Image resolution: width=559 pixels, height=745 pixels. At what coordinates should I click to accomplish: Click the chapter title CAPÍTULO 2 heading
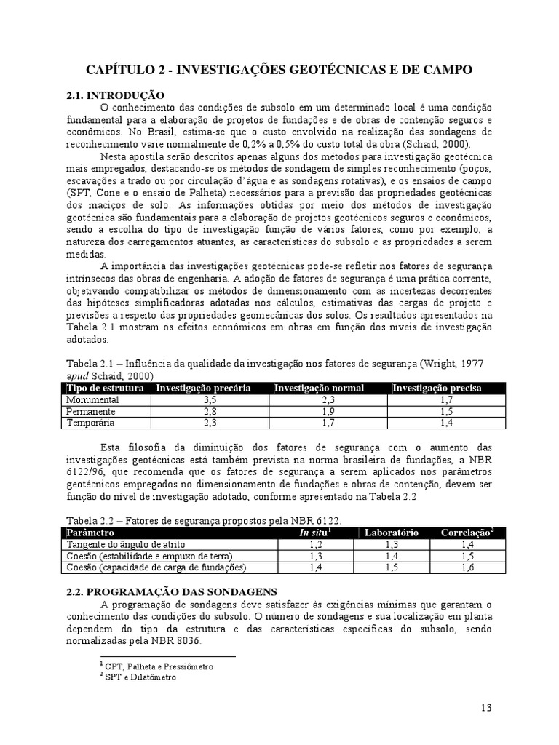[279, 70]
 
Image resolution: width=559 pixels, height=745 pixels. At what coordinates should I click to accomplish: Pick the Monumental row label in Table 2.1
[91, 400]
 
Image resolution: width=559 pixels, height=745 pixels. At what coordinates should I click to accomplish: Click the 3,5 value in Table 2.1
[210, 400]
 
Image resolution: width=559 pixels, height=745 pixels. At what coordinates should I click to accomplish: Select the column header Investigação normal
[319, 389]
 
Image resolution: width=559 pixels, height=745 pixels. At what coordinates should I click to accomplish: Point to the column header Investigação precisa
[437, 389]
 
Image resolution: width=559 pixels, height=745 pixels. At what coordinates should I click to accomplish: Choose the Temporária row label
[90, 422]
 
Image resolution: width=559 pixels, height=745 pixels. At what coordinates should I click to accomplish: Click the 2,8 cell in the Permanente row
[210, 411]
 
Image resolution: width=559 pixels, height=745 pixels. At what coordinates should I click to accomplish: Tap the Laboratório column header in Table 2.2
[392, 533]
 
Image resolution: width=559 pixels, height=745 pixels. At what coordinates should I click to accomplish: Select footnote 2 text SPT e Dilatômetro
[140, 677]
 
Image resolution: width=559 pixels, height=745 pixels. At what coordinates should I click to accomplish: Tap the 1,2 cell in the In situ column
[315, 544]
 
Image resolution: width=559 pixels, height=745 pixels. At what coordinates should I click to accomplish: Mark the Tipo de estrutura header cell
[106, 389]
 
